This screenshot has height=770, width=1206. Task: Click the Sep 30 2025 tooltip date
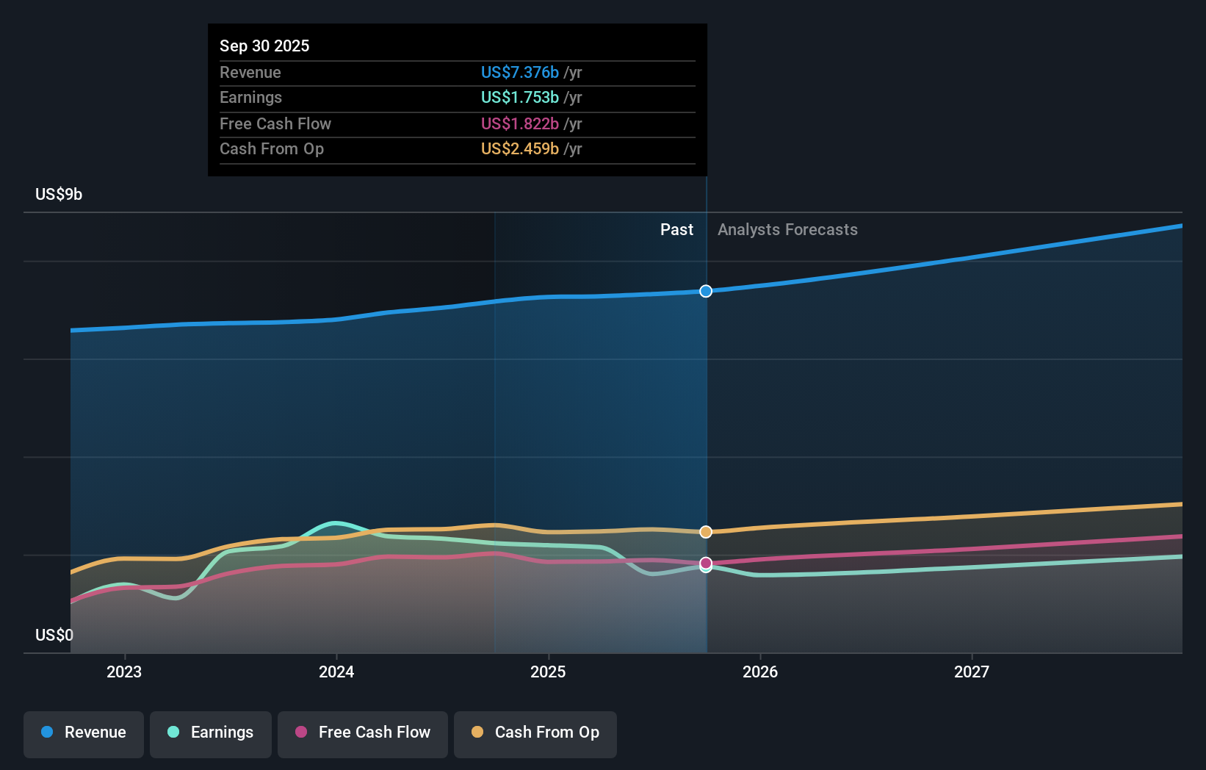[x=264, y=46]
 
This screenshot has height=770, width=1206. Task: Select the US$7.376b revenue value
[x=519, y=72]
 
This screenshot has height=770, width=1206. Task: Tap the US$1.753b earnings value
[x=519, y=97]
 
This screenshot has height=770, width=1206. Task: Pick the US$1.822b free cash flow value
[x=519, y=123]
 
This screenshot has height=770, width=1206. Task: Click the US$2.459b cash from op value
[x=519, y=148]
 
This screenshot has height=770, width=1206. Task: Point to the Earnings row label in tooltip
[x=250, y=97]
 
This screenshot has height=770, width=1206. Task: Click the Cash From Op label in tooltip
[x=272, y=148]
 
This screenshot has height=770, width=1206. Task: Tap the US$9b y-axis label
[x=59, y=194]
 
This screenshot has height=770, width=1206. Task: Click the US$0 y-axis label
[x=54, y=635]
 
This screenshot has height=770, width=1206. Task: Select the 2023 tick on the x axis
[x=124, y=672]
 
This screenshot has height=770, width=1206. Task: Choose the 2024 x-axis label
[x=336, y=672]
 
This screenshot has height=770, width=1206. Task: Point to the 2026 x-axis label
[x=760, y=672]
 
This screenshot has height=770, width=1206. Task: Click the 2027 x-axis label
[x=972, y=672]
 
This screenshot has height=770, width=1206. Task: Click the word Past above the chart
[x=676, y=229]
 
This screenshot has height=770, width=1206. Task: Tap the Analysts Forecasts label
[x=787, y=229]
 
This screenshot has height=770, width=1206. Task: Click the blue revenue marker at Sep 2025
[x=706, y=291]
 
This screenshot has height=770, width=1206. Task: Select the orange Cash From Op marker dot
[x=706, y=532]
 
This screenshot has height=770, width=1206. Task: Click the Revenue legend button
[x=84, y=733]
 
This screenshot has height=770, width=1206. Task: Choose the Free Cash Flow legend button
[x=363, y=733]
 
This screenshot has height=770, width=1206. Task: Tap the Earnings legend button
[x=211, y=733]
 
